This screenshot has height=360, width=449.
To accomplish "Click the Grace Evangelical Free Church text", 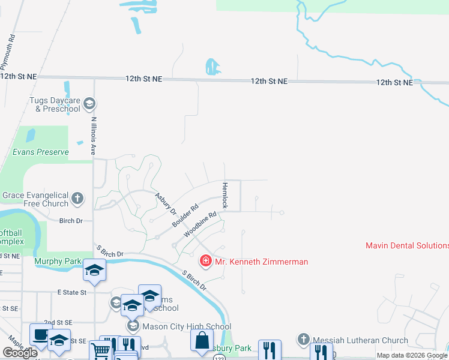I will [35, 199].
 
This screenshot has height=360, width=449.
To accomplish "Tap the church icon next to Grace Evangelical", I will [77, 198].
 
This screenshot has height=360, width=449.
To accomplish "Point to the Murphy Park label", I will [58, 262].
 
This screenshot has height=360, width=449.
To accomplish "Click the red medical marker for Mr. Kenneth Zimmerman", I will [205, 261].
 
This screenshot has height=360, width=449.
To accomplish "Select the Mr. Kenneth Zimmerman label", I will [261, 262].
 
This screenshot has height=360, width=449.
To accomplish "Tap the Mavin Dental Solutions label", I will [407, 245].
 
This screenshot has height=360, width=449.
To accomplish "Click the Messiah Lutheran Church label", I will [360, 340].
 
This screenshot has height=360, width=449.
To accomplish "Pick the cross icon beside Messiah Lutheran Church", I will [303, 340].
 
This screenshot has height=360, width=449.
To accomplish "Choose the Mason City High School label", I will [187, 327].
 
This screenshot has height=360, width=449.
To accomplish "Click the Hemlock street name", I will [225, 196].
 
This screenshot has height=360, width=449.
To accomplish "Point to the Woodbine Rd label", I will [200, 223].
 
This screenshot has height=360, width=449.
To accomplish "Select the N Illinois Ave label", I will [94, 136].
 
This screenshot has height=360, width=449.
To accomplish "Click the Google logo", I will [20, 353].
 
